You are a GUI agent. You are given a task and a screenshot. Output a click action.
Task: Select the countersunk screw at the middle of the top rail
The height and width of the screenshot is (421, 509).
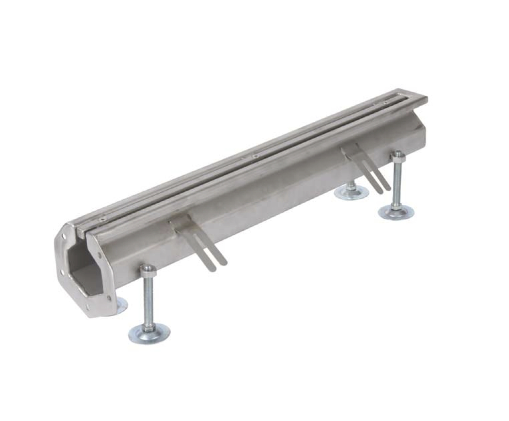point(255,156)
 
